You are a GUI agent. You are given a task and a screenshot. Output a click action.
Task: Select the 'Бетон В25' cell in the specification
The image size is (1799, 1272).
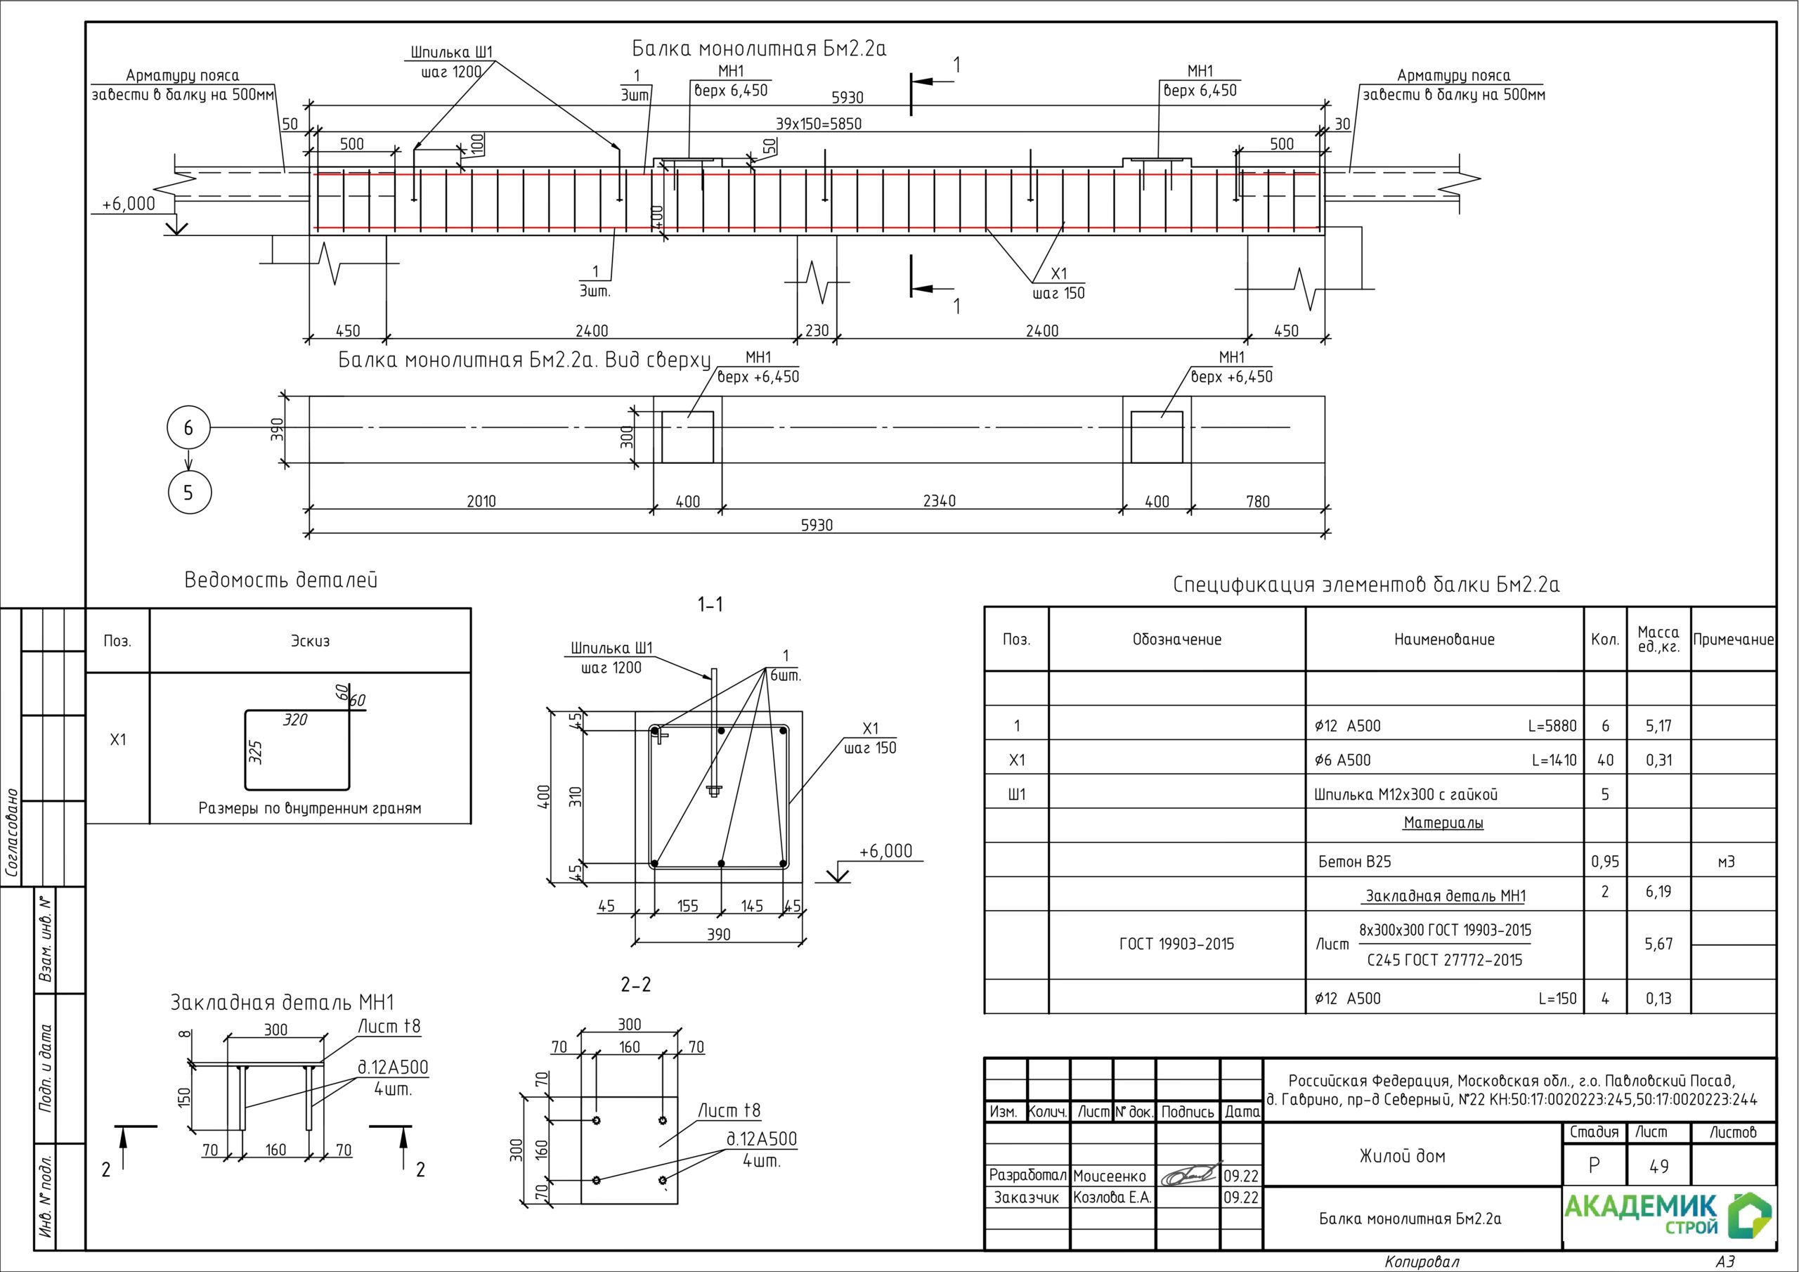pyautogui.click(x=1355, y=862)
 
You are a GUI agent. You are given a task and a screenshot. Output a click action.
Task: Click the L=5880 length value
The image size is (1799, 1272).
pyautogui.click(x=1552, y=726)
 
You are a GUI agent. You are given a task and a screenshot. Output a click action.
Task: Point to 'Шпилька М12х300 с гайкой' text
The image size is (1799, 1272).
pyautogui.click(x=1405, y=795)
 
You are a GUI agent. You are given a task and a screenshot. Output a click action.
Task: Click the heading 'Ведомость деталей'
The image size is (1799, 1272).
pyautogui.click(x=280, y=580)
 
